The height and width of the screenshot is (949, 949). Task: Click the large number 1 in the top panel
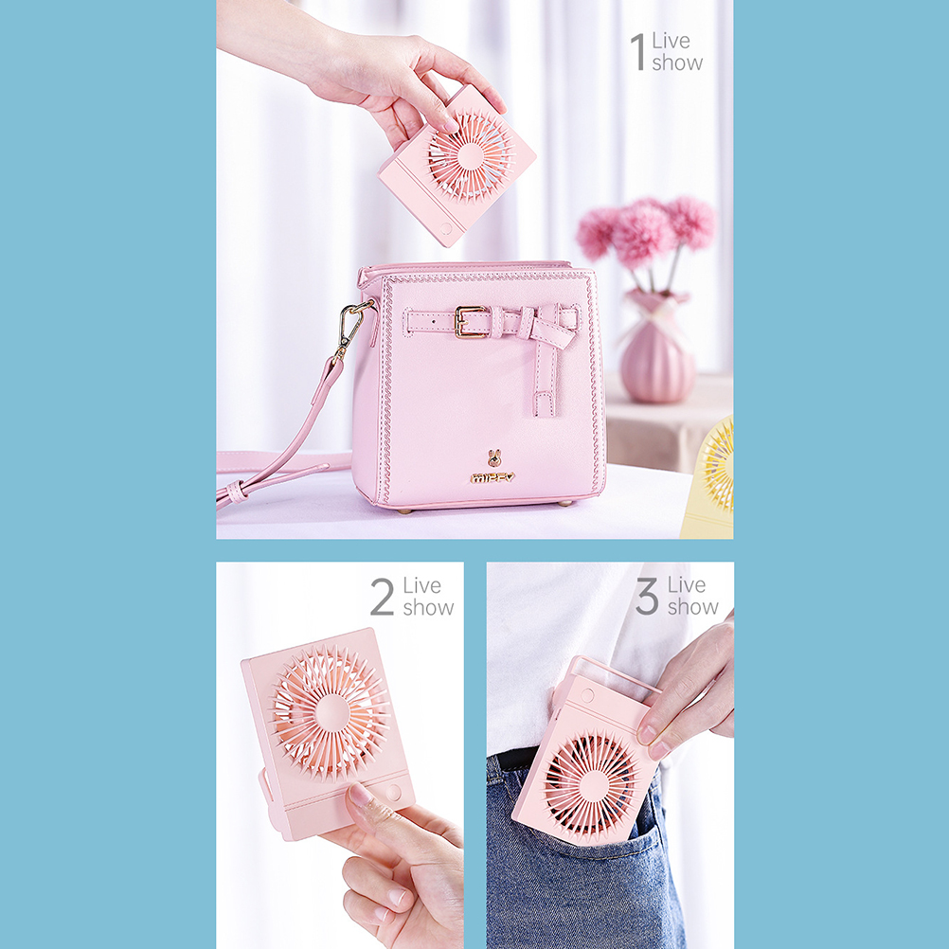point(638,51)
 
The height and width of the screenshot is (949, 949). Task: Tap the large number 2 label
point(383,597)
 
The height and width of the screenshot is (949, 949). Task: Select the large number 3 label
point(647,596)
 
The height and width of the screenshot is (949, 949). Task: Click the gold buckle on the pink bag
point(469,321)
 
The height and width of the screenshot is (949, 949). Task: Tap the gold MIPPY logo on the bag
point(492,478)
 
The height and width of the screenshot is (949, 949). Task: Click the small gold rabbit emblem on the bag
point(494,458)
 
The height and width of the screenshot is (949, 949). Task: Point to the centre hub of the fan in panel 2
point(331,710)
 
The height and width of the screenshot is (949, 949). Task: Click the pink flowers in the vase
point(645,230)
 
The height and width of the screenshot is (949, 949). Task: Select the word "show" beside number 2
point(428,608)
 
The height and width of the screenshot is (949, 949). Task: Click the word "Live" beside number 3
point(687,584)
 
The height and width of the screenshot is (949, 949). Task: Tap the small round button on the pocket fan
point(587,695)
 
